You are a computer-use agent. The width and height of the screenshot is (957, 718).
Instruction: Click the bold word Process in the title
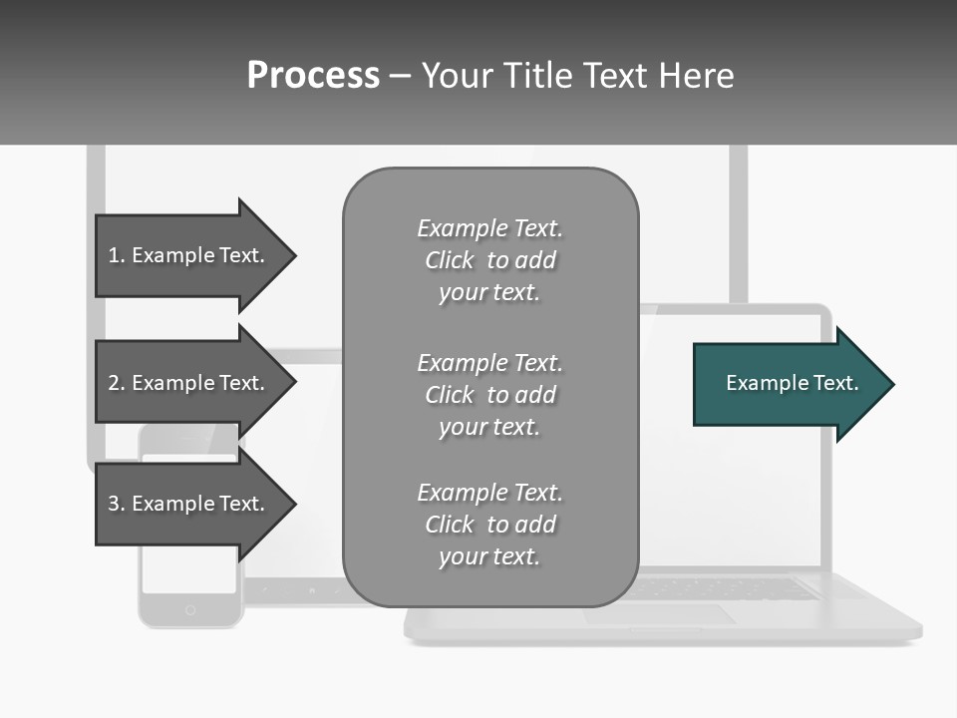(313, 76)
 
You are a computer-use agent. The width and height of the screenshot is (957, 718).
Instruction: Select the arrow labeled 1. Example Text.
(189, 255)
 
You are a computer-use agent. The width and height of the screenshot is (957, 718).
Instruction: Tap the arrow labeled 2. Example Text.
(189, 383)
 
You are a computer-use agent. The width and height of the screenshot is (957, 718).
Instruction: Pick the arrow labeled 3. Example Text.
(189, 504)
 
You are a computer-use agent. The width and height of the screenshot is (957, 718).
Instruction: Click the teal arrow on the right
(788, 384)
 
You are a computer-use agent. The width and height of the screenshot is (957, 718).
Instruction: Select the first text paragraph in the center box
(489, 260)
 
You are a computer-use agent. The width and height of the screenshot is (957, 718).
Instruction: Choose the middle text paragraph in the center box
(489, 395)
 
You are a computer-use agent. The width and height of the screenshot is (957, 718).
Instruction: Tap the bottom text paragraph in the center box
(489, 525)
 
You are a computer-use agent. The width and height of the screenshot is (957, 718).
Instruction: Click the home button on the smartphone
(190, 609)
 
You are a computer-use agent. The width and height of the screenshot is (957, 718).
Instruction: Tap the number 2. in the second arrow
(117, 383)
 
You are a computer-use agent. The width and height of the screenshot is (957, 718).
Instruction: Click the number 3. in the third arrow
(117, 504)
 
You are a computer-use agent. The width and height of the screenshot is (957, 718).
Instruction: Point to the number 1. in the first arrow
(117, 255)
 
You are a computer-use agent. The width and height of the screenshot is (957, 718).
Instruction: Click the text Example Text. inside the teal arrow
(792, 383)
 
